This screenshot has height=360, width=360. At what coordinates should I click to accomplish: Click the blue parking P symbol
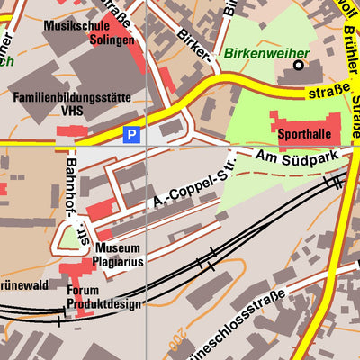(132, 135)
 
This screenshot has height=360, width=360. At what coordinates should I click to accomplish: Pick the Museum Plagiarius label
(117, 255)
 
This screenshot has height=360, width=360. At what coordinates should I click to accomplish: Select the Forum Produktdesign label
(103, 297)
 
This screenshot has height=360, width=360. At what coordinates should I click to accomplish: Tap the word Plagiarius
(117, 261)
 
